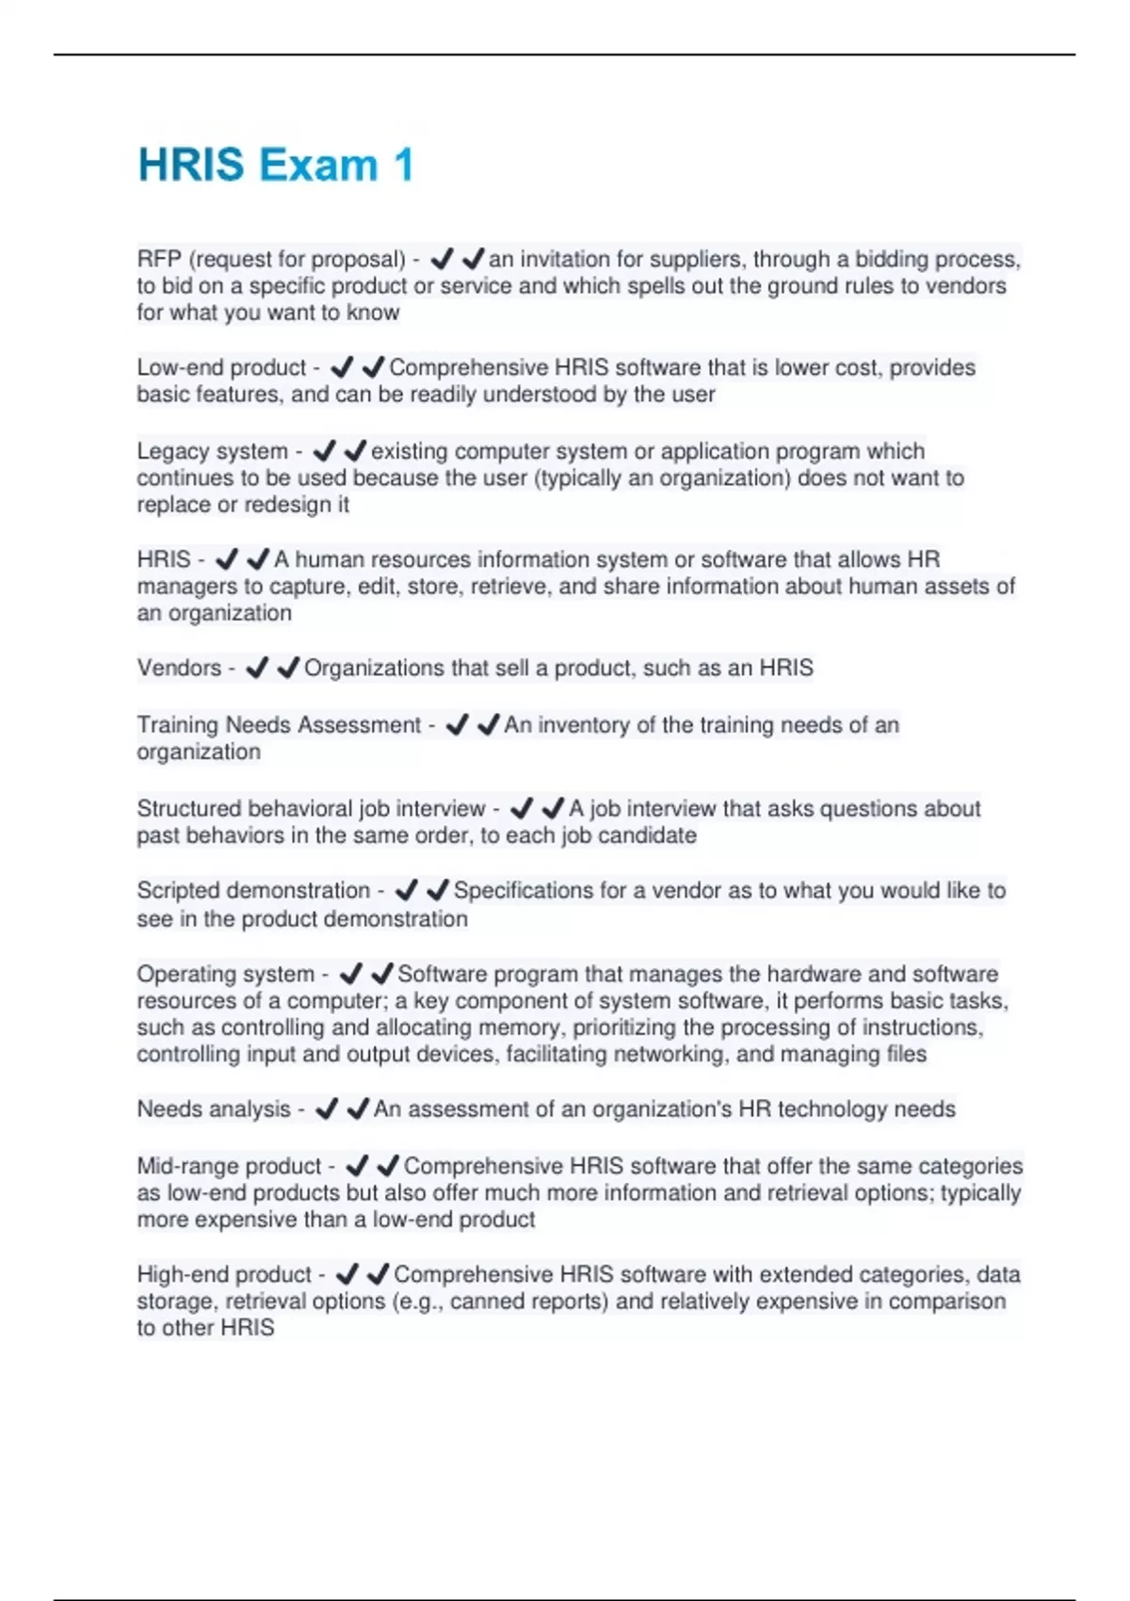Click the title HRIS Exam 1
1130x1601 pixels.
276,165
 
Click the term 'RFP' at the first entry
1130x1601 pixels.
159,259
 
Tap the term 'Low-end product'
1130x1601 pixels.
221,367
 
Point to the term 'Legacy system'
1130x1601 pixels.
212,451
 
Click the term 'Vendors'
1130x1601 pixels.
179,668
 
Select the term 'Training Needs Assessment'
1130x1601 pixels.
279,725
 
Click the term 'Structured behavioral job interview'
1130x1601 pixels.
311,809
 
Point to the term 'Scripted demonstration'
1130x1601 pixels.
253,891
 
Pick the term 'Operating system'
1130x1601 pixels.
225,974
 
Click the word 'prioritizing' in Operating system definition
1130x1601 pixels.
624,1027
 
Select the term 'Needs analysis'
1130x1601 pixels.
214,1109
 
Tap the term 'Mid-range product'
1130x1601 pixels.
229,1166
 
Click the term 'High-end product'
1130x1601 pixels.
224,1274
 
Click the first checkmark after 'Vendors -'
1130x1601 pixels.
257,668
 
